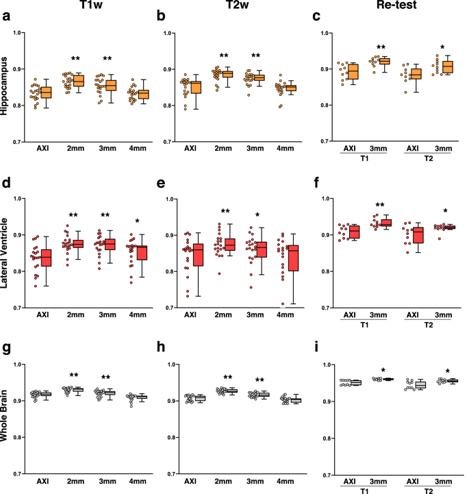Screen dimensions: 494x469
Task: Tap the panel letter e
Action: tap(166, 184)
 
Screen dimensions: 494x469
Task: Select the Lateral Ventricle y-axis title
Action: tap(8, 255)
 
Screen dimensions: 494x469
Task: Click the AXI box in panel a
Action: tap(47, 92)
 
